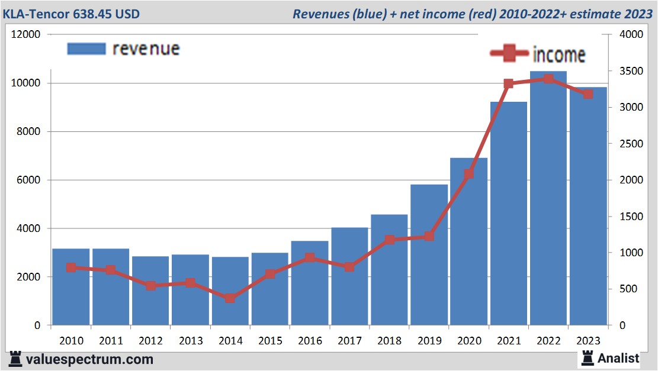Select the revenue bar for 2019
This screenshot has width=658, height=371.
429,255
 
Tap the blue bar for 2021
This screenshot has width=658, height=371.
509,214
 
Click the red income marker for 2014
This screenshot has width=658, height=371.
230,298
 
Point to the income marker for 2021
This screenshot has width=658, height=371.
508,84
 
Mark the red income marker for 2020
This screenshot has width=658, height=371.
469,174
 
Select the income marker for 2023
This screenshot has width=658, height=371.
588,94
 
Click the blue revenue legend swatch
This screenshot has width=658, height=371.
86,49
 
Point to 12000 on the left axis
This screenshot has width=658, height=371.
26,35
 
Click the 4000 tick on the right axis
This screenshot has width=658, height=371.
630,35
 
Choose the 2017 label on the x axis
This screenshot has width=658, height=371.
349,341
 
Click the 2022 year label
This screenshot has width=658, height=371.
548,341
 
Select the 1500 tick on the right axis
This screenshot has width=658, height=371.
630,217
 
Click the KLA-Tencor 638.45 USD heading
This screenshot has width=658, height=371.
71,13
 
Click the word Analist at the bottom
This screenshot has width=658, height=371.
618,358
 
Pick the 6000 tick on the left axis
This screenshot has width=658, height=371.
28,180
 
